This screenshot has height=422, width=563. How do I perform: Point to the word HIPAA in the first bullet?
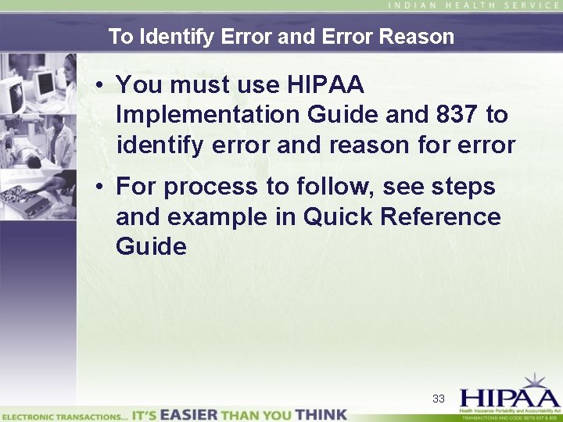click(x=327, y=84)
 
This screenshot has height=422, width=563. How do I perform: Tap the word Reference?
click(x=440, y=216)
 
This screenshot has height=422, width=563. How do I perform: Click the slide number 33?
click(x=439, y=399)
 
